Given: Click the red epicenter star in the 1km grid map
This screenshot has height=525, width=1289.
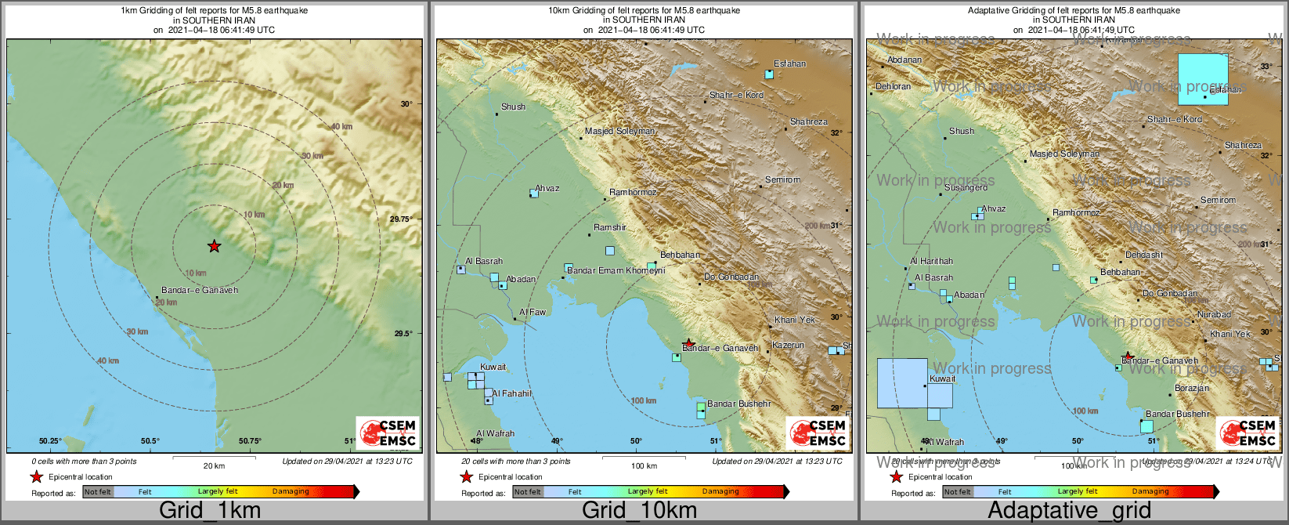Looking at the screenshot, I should [214, 246].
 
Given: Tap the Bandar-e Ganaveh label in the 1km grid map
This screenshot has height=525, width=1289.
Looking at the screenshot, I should [200, 290].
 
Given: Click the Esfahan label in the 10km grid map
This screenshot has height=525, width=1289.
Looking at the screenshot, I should [789, 63].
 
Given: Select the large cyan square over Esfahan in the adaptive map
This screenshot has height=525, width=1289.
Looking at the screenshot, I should [1203, 78].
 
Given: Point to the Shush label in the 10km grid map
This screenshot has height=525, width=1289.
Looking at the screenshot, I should [513, 107].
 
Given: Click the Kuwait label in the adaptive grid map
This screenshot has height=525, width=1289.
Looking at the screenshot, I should [942, 378].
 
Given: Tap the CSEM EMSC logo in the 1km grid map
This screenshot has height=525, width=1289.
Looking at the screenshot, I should [387, 433].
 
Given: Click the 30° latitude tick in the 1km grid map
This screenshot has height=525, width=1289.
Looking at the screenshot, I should [406, 103].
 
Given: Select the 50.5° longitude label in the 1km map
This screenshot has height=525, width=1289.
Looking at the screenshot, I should [150, 440].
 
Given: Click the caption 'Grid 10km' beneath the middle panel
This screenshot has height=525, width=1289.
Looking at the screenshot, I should [639, 511].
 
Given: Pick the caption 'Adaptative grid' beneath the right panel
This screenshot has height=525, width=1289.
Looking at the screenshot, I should [1069, 511].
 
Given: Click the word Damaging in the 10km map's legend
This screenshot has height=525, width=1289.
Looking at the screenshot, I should [720, 491].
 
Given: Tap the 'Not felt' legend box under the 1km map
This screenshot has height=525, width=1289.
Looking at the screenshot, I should [98, 491].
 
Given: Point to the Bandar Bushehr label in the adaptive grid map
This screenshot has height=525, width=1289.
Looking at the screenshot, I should [1177, 414].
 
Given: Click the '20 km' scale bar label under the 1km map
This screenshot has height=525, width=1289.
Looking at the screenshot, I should [214, 465].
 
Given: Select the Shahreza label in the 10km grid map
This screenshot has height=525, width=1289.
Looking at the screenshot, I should [808, 121].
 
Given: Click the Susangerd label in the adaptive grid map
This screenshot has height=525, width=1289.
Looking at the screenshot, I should [966, 187].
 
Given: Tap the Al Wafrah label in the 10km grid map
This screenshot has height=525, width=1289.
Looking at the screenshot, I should [495, 433].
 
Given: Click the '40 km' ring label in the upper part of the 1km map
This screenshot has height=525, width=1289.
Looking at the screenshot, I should [341, 126].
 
